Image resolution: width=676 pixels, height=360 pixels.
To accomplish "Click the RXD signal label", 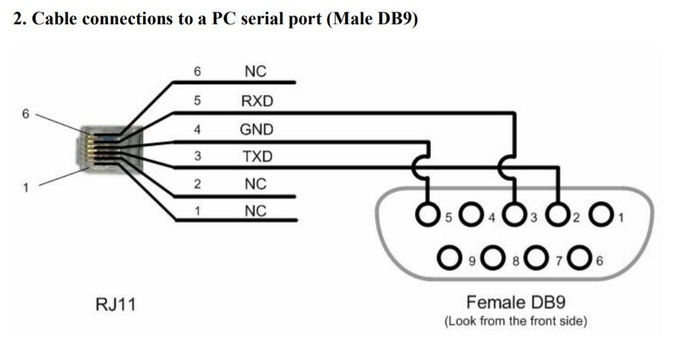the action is [257, 101].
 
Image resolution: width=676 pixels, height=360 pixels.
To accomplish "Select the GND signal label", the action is [256, 130].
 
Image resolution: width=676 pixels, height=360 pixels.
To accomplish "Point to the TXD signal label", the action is [257, 156].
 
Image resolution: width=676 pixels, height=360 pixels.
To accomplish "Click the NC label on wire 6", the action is [256, 71].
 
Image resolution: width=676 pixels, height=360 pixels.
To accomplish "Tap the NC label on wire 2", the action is [256, 184].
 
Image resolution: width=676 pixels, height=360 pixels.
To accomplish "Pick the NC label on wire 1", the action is [256, 211].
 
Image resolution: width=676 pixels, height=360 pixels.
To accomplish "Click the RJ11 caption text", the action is [115, 304].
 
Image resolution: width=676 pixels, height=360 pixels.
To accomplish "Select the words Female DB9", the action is [516, 302].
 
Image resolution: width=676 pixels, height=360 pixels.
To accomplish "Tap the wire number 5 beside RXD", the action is [197, 101].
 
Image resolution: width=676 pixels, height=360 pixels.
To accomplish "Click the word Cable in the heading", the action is [54, 19].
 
